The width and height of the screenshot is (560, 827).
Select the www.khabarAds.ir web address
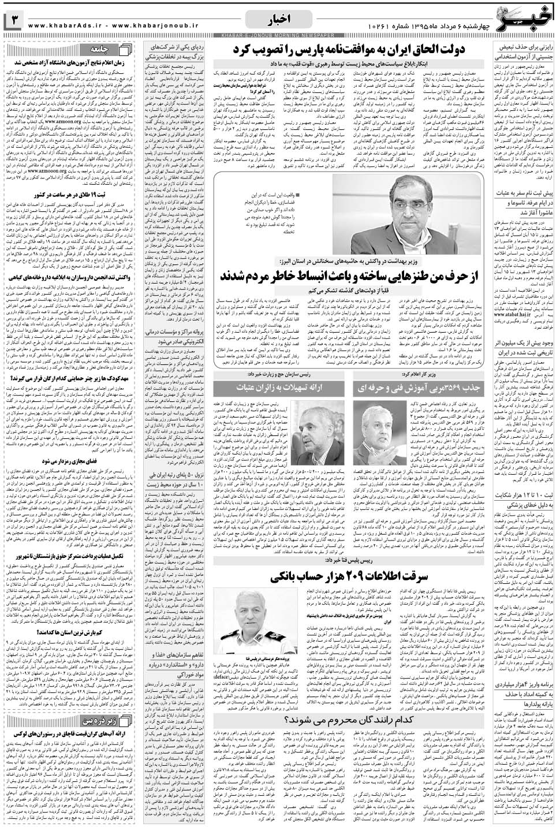[69, 25]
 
